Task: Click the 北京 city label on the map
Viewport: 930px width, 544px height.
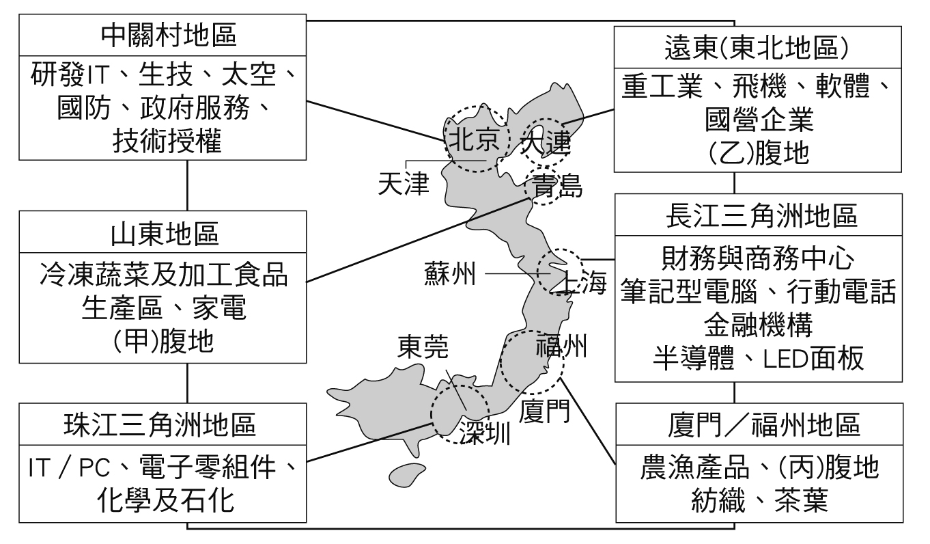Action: coord(477,140)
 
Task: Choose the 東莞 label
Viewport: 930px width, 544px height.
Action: coord(424,349)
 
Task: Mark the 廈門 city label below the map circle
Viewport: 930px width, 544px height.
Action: coord(544,409)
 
